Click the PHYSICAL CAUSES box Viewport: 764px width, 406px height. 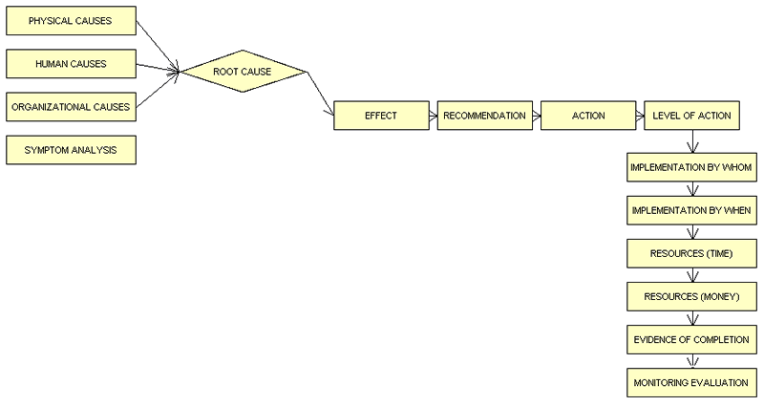click(70, 21)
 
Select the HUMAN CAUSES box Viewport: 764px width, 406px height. click(70, 64)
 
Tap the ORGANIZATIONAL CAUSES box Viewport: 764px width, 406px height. click(70, 107)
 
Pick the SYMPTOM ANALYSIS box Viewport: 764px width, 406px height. click(70, 150)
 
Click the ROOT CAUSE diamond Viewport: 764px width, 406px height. click(244, 72)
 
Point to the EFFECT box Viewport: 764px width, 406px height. click(380, 116)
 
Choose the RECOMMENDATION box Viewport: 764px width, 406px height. click(483, 116)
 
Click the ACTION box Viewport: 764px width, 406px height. click(587, 116)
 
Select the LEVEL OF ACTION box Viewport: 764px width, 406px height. click(691, 116)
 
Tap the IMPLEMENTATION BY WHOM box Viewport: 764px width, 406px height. click(691, 167)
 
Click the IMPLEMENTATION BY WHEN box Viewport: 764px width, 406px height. click(691, 210)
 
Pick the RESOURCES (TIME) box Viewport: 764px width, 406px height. click(691, 253)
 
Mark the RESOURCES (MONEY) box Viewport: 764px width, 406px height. click(691, 296)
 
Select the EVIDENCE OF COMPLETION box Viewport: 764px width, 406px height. click(691, 339)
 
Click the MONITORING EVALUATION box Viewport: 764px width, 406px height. click(691, 382)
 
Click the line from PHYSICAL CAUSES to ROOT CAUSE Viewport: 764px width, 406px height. click(157, 44)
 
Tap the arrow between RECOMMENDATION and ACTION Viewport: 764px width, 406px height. click(535, 116)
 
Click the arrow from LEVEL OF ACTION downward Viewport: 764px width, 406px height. click(691, 141)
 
